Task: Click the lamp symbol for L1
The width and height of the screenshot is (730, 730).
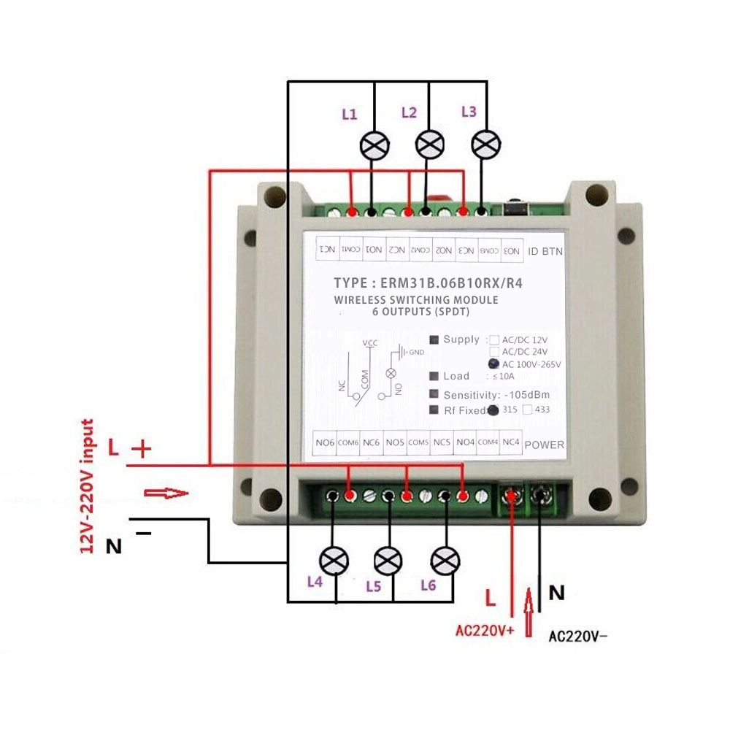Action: pos(375,145)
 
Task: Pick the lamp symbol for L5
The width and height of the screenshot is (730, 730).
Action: pos(388,561)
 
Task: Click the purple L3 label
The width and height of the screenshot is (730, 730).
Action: pos(469,112)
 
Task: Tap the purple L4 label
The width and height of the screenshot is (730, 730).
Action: pos(315,582)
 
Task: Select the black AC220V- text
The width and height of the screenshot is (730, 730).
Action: pos(577,636)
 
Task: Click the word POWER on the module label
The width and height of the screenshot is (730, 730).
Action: pos(544,445)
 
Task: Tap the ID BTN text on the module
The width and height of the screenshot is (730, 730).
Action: pos(545,250)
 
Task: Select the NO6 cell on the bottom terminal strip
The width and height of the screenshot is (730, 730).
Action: pos(324,442)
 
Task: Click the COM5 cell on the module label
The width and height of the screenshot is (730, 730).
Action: pos(418,442)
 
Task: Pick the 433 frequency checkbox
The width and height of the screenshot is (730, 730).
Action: pos(527,410)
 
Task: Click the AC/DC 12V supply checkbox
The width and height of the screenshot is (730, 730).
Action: pos(494,340)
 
